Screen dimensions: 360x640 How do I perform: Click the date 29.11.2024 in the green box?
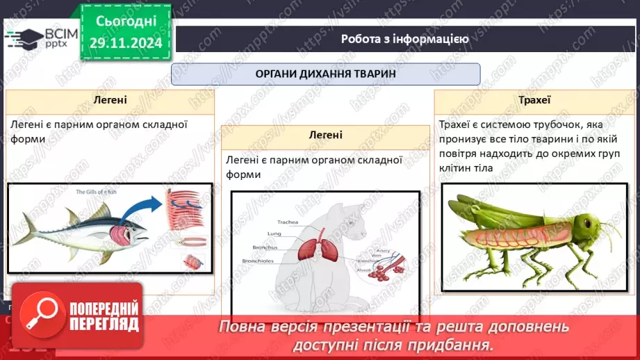point(126,42)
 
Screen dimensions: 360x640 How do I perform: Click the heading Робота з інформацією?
point(404,39)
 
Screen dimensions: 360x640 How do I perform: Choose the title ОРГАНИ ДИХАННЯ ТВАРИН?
point(325,74)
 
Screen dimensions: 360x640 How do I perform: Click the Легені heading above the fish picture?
point(110,100)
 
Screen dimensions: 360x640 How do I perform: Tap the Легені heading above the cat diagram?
point(325,136)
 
